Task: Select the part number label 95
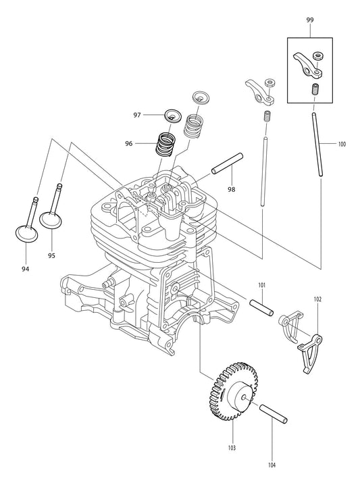[x=51, y=255]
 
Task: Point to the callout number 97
[x=137, y=115]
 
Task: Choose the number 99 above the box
[x=310, y=21]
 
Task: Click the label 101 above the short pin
[x=261, y=285]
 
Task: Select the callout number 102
[x=318, y=298]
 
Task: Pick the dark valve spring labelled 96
[x=165, y=144]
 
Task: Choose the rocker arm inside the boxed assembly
[x=308, y=65]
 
